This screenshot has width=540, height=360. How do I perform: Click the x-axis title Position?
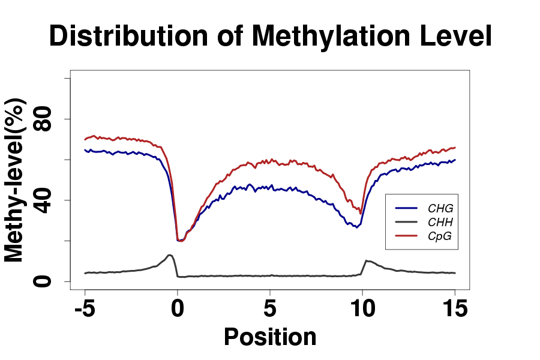coord(270,337)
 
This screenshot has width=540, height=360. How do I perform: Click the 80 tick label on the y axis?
coord(46,119)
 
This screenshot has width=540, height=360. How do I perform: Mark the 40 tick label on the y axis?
coord(46,200)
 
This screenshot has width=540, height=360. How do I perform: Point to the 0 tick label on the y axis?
coord(46,281)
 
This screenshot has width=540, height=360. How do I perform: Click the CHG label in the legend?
coord(440,209)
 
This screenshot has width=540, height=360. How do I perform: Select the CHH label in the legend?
coord(440,223)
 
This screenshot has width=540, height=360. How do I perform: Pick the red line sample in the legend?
coord(406,236)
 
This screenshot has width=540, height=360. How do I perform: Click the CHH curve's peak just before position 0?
coord(170,255)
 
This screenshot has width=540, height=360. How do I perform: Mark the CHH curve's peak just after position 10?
coord(367,261)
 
